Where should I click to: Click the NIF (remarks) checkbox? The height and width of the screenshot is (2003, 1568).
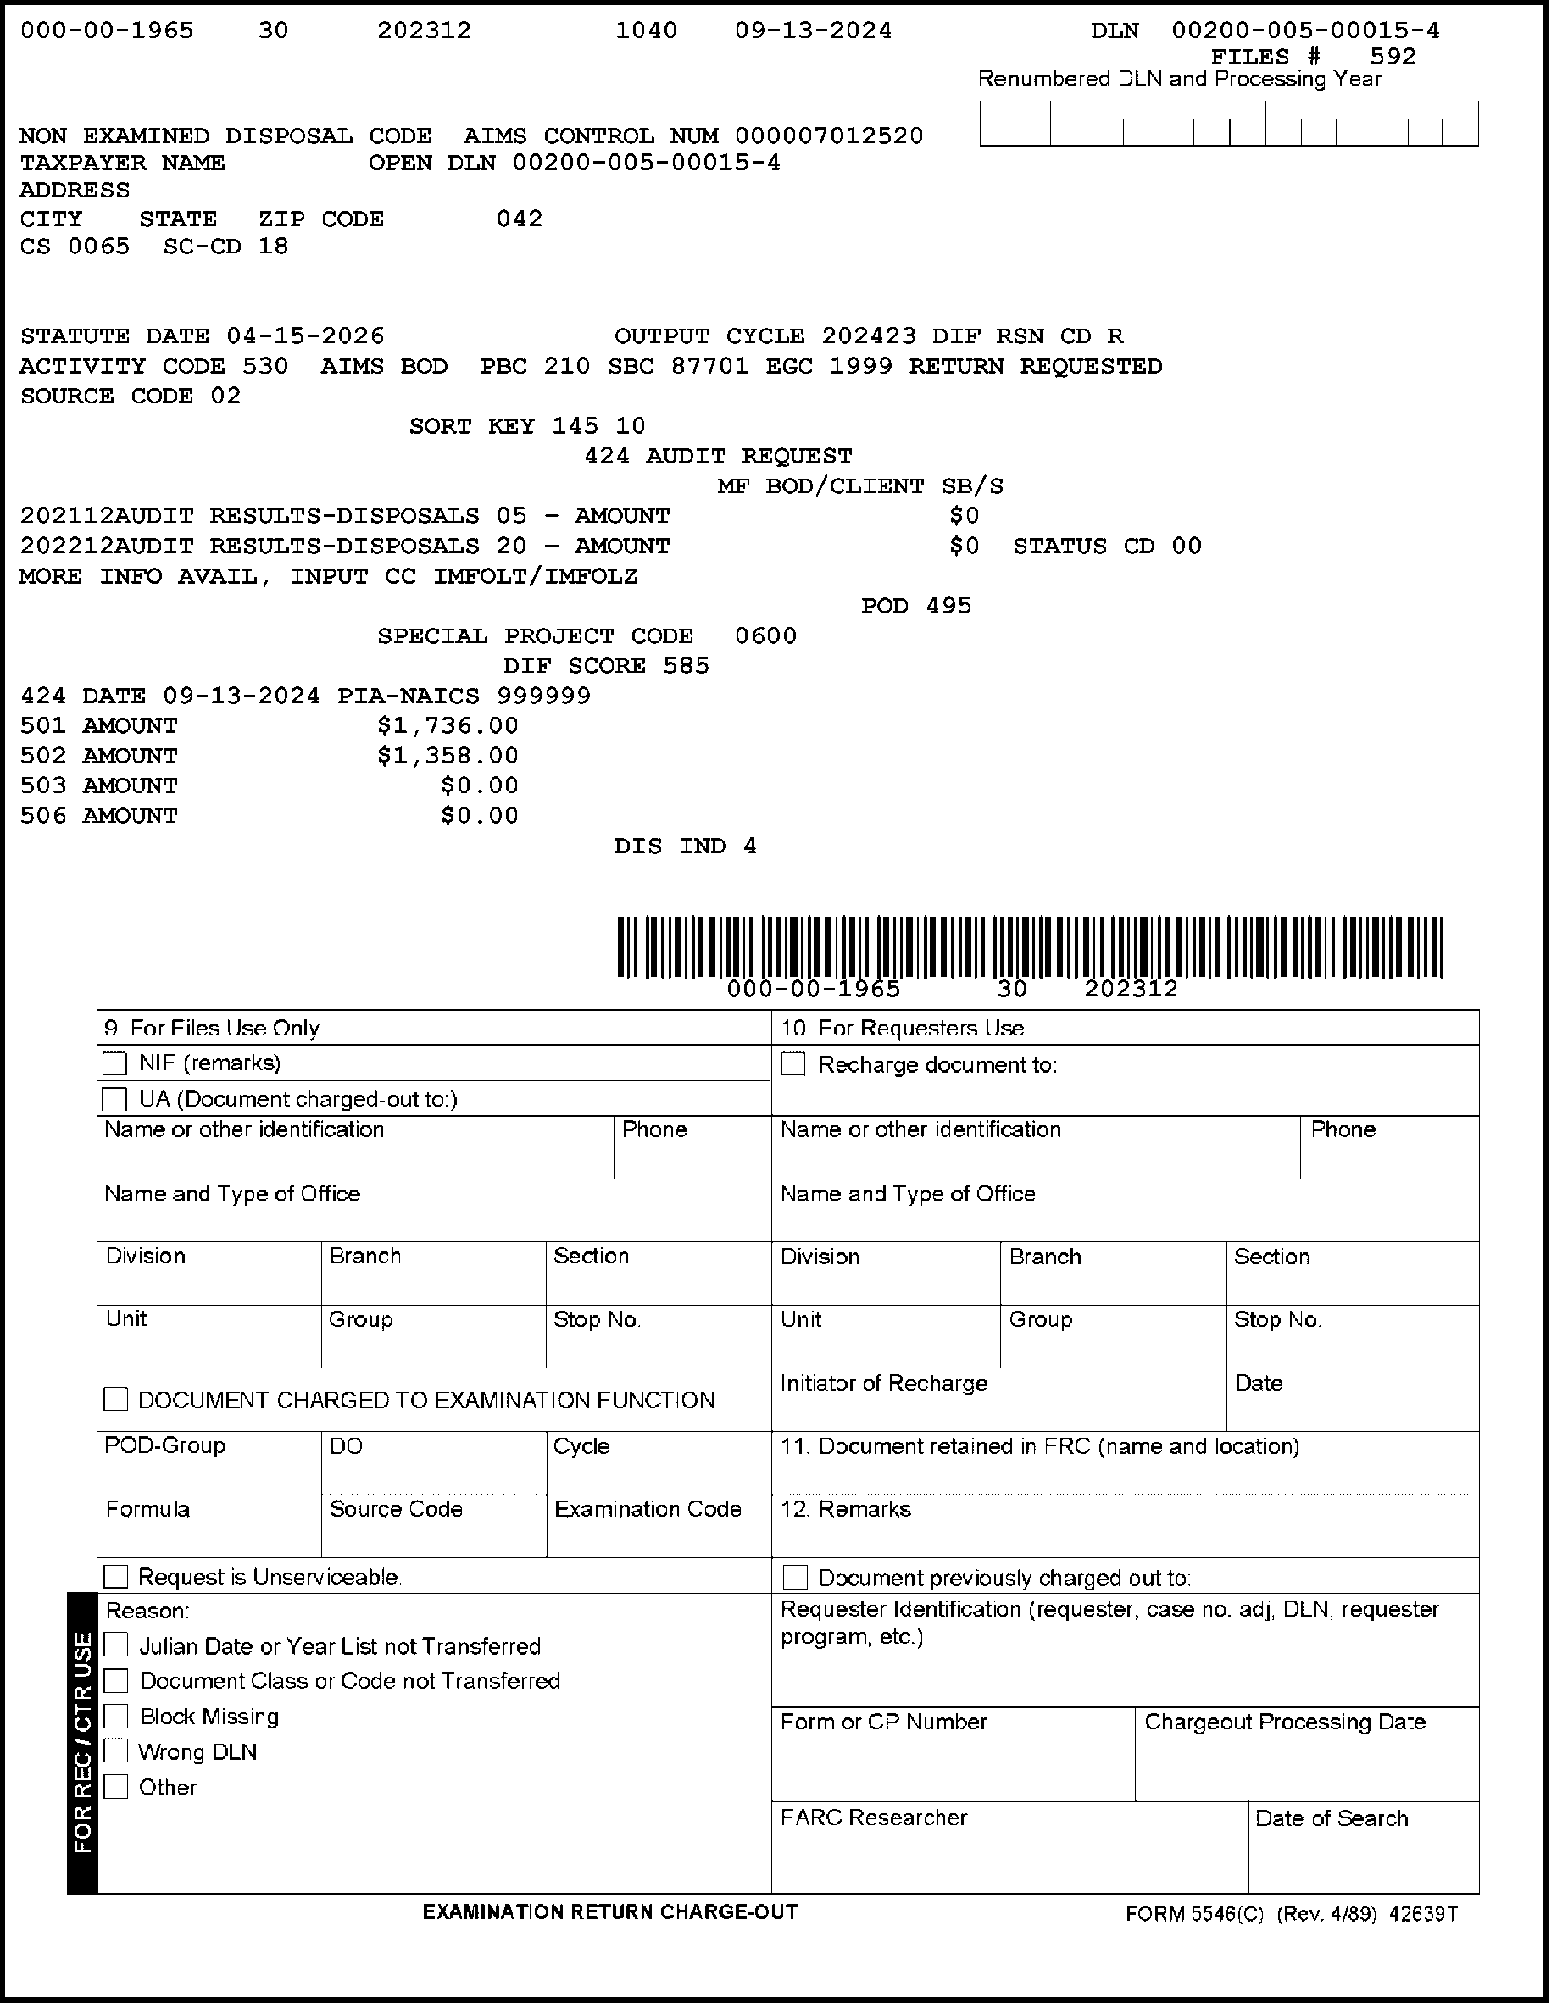[115, 1063]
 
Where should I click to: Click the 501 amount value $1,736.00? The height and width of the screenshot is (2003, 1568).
[448, 726]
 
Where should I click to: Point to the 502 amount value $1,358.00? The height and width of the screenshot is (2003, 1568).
[448, 756]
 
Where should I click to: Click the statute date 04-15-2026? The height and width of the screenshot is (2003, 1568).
[306, 336]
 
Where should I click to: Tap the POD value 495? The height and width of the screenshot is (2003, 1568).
[948, 606]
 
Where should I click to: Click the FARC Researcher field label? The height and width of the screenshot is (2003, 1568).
[874, 1817]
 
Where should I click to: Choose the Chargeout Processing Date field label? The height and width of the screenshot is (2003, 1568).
[1284, 1723]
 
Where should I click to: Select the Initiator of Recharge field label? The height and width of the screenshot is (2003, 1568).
[883, 1384]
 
